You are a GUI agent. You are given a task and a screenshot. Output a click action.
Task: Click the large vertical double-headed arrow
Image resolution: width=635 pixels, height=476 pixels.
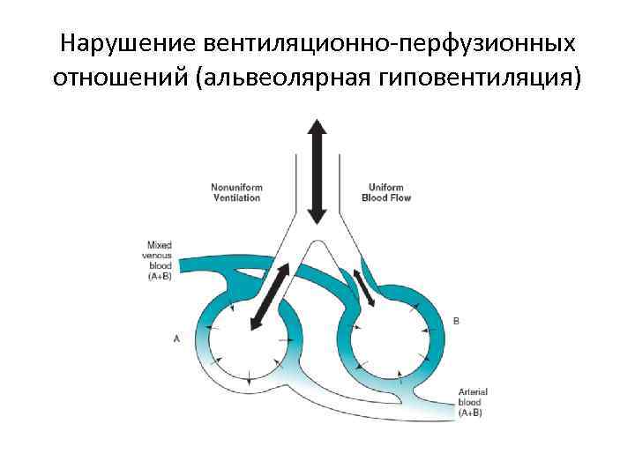(317, 172)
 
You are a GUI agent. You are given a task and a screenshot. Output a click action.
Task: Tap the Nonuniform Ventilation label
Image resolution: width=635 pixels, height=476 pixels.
(235, 192)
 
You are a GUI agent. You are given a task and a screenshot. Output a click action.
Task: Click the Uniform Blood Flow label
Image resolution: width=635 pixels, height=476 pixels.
(386, 192)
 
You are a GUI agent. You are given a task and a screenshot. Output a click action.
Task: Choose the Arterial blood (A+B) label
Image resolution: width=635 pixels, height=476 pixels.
(474, 402)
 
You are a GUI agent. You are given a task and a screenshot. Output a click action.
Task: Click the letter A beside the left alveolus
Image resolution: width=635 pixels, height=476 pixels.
(177, 337)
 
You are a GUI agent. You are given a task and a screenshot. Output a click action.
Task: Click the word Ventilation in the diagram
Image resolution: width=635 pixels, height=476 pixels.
(235, 197)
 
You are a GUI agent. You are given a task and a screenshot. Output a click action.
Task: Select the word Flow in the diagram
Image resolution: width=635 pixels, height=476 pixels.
(400, 197)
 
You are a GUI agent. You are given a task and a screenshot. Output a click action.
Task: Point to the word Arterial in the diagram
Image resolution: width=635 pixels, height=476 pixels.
(474, 391)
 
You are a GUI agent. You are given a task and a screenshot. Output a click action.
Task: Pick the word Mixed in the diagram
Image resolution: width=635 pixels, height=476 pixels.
(160, 244)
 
